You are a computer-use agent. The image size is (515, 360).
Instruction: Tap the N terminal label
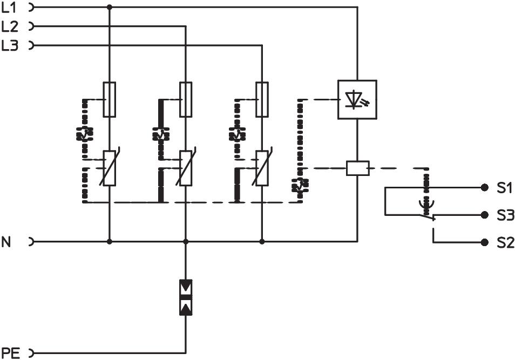6,242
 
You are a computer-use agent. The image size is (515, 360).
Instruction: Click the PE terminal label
11,354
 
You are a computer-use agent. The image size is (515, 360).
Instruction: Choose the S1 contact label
504,188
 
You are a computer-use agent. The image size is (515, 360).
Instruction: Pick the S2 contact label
504,243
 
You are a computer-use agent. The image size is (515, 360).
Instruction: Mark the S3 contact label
504,215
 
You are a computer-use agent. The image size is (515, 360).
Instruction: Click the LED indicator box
357,99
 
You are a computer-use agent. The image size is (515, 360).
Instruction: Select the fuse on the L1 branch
110,100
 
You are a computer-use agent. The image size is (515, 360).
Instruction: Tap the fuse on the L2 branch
186,100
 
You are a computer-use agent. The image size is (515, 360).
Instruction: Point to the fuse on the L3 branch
262,100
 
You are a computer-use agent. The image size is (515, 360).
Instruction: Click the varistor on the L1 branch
110,168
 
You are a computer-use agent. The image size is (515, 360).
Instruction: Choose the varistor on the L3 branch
262,168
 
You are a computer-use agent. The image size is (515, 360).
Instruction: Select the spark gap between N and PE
186,297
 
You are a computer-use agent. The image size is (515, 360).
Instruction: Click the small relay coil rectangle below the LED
357,168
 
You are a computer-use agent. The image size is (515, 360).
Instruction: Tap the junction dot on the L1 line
110,7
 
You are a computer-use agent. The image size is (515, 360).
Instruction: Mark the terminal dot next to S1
484,188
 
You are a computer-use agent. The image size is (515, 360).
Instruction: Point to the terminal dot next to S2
484,243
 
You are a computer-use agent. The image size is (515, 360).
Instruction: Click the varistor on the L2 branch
186,168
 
